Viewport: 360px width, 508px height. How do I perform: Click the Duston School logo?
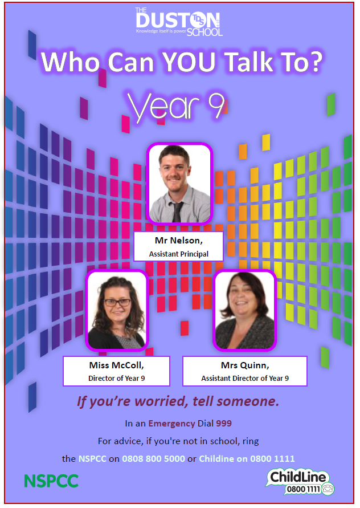[x=179, y=22]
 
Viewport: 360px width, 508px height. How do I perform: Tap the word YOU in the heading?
[x=189, y=62]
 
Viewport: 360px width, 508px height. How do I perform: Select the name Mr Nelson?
[x=179, y=241]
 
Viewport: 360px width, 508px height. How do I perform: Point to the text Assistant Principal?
[x=179, y=254]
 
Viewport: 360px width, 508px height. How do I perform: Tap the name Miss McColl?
[x=117, y=365]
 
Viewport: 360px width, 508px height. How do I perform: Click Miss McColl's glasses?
[x=117, y=303]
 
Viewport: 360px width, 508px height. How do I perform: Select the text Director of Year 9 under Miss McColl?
[x=117, y=379]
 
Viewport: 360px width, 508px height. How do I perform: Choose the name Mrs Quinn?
[x=245, y=365]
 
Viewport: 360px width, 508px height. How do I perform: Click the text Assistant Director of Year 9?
[x=245, y=379]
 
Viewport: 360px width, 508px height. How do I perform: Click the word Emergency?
[x=171, y=424]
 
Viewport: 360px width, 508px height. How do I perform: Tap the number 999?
[x=224, y=424]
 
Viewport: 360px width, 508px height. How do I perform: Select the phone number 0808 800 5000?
[x=153, y=459]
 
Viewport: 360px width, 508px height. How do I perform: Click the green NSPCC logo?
[x=51, y=481]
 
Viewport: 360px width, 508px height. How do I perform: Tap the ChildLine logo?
[x=300, y=482]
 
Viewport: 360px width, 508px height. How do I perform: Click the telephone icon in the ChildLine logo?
[x=328, y=489]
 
